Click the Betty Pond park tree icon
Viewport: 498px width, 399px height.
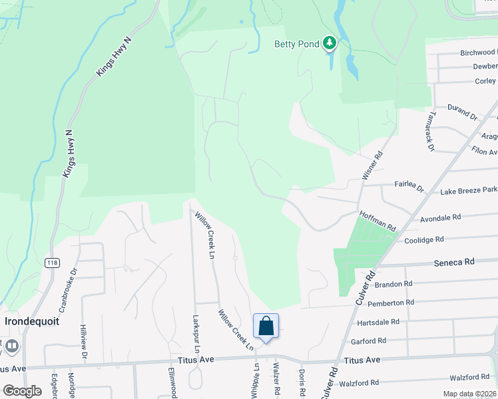[x=329, y=44]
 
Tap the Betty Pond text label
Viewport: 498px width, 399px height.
[x=296, y=45]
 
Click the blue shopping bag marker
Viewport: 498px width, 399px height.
[x=266, y=327]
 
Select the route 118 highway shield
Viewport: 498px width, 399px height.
[x=53, y=263]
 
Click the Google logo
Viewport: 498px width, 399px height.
[x=23, y=390]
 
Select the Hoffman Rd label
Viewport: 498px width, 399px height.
[x=377, y=220]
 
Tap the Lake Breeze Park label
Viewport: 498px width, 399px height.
[x=469, y=192]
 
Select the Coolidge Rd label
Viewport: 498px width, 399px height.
[x=424, y=240]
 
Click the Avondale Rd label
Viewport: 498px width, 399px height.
[x=441, y=217]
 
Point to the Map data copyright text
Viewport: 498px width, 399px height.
[x=469, y=394]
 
